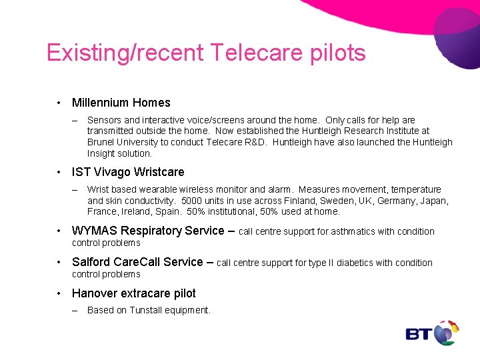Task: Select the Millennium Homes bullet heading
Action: tap(121, 103)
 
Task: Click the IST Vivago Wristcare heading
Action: tap(128, 172)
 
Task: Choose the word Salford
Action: tap(91, 262)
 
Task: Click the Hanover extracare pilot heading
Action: tap(133, 293)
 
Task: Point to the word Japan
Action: tap(433, 201)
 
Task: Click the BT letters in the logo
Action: tap(419, 333)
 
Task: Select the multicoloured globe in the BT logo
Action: tap(446, 332)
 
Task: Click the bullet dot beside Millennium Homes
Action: tap(59, 103)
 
